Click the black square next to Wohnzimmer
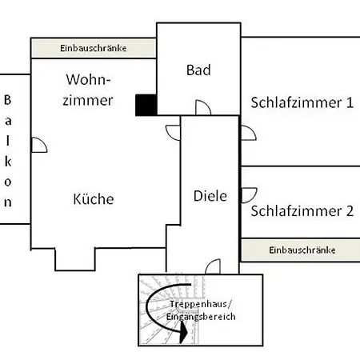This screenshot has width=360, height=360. click(146, 105)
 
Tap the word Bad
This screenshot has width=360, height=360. click(198, 70)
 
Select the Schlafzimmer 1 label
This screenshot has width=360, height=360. click(302, 102)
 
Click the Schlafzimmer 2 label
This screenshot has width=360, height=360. click(302, 212)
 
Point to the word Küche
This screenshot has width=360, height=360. click(93, 199)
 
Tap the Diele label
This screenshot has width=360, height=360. click(210, 195)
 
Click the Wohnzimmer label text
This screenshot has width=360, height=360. click(89, 90)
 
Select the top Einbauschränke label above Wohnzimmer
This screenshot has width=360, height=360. click(93, 49)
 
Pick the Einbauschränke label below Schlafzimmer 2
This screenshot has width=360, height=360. click(302, 250)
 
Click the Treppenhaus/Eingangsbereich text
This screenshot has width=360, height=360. click(201, 312)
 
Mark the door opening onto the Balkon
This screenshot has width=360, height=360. click(38, 144)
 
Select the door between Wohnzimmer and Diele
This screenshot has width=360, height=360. click(173, 131)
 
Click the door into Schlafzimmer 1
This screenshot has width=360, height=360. click(247, 131)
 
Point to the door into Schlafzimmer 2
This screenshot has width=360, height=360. click(247, 193)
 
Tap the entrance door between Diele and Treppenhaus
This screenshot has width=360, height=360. click(213, 266)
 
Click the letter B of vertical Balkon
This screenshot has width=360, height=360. click(7, 101)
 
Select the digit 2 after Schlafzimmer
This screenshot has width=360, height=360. click(349, 212)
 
